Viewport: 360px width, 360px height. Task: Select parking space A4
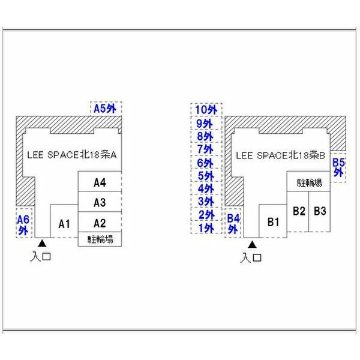[x=100, y=182]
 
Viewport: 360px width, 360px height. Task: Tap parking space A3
[x=100, y=202]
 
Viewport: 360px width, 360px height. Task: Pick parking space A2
[x=100, y=222]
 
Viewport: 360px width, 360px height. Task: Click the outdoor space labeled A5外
[x=107, y=108]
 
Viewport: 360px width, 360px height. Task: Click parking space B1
[x=274, y=221]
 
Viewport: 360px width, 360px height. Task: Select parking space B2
[x=299, y=211]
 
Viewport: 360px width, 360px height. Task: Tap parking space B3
[x=320, y=211]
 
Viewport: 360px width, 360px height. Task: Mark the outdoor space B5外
[x=338, y=166]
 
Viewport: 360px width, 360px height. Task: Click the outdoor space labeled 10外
[x=205, y=110]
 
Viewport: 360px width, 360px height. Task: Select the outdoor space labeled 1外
[x=205, y=229]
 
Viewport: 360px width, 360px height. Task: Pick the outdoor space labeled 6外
[x=205, y=163]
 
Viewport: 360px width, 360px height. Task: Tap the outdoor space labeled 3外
[x=205, y=202]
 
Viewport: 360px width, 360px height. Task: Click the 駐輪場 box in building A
[x=100, y=239]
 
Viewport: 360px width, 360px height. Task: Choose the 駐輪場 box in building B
[x=309, y=182]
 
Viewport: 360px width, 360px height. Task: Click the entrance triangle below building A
[x=42, y=244]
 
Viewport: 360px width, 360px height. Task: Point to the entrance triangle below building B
[x=252, y=245]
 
